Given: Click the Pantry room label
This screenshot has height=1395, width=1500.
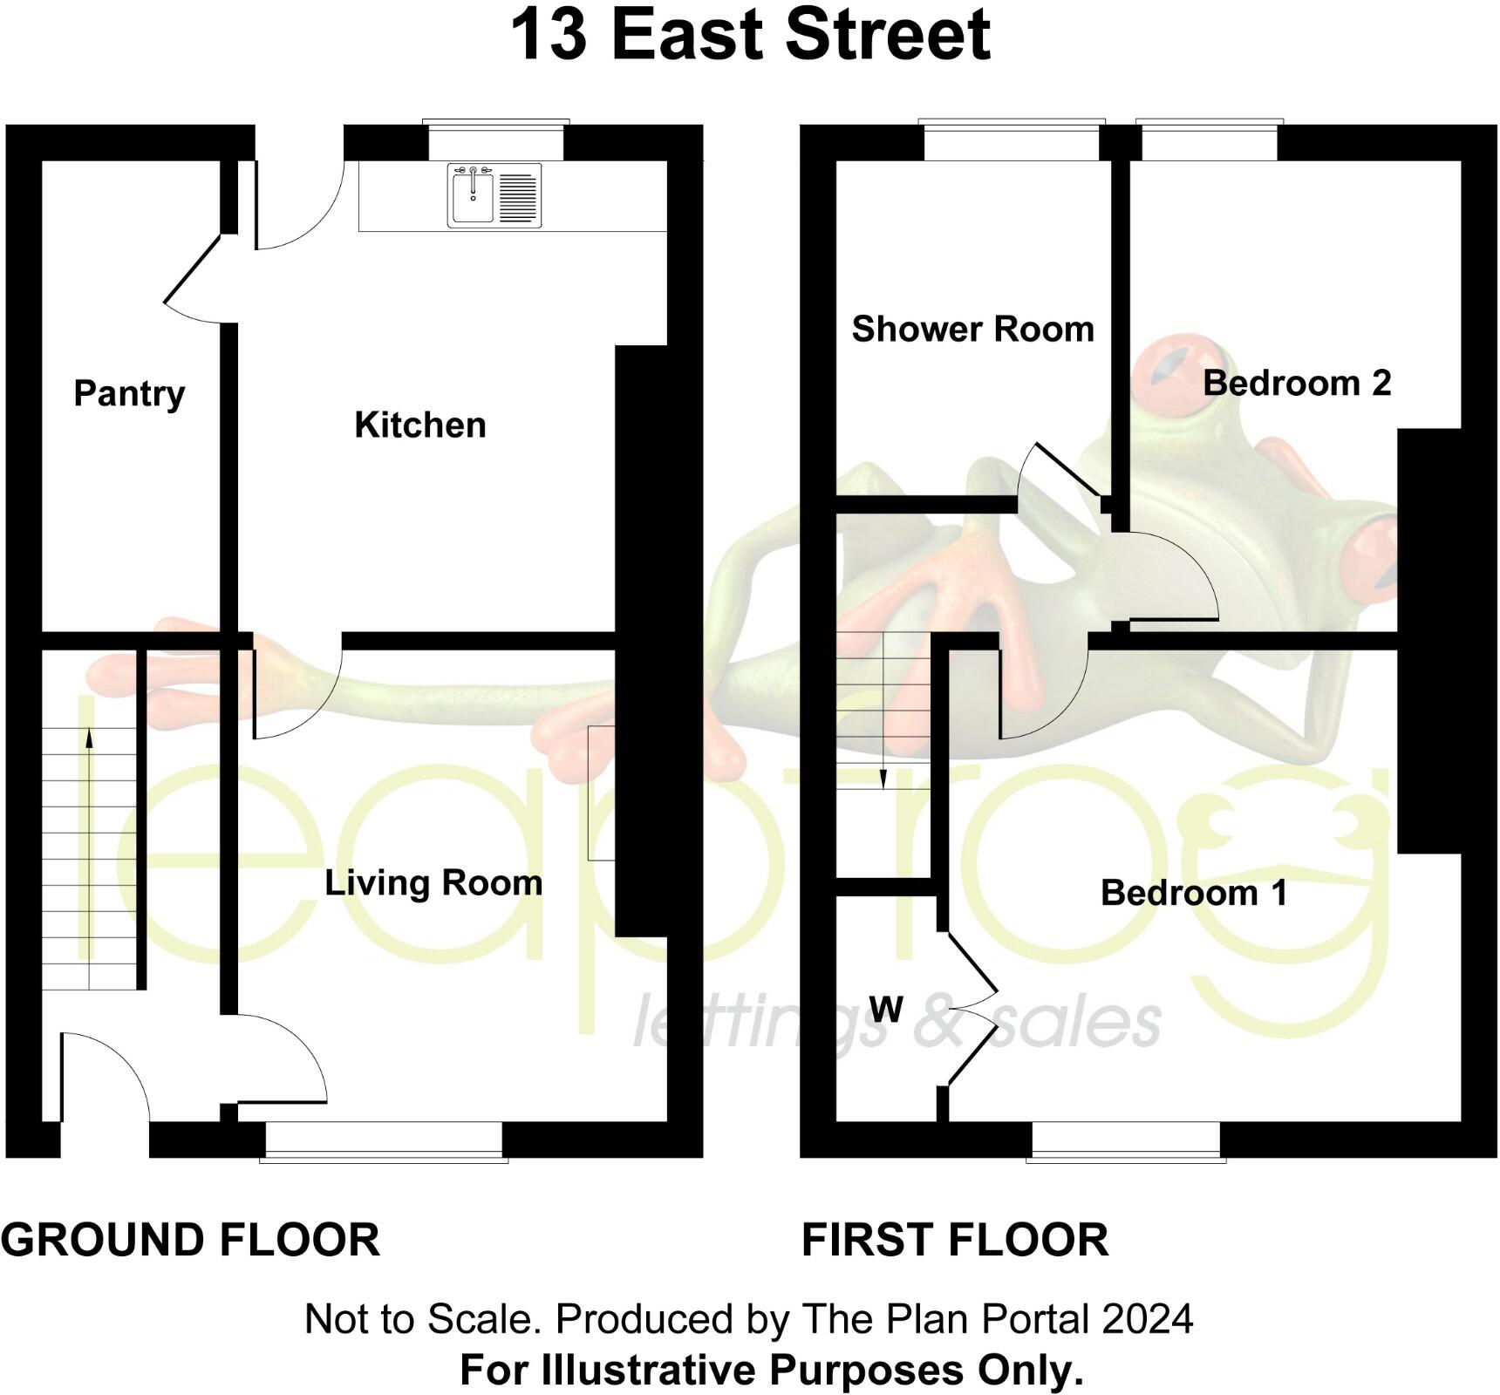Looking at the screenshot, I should [129, 394].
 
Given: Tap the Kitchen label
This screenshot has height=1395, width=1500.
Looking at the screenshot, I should [419, 425].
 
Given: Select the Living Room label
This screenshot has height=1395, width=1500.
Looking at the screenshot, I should [433, 883].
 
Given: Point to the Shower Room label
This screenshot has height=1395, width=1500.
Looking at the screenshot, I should [972, 330].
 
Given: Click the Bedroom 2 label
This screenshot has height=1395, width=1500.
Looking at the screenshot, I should [1297, 383].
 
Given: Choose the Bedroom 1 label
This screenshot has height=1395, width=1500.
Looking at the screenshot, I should [1194, 893].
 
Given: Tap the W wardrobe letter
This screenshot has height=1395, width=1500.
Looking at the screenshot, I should [886, 1010].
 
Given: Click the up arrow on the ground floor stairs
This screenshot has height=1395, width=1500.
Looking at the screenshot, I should [89, 739].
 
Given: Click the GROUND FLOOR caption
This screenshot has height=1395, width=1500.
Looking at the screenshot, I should [190, 1240].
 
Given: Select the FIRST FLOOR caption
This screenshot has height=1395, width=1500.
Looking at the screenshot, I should [955, 1240].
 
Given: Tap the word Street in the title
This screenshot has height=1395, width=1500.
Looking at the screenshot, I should [887, 35].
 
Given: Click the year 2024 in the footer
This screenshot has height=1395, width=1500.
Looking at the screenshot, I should [1147, 1319].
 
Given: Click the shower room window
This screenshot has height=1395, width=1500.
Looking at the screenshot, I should [1011, 141].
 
